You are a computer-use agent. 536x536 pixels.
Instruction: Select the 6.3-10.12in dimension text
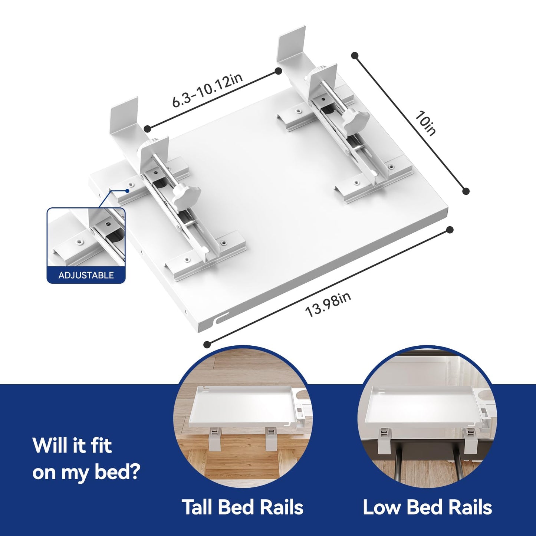(x=207, y=90)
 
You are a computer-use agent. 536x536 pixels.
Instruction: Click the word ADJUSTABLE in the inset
(x=86, y=275)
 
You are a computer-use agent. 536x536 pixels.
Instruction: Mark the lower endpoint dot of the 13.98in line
(x=207, y=345)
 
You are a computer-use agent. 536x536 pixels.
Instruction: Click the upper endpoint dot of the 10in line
(x=355, y=56)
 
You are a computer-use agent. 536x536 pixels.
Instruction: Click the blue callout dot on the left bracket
(x=127, y=191)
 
